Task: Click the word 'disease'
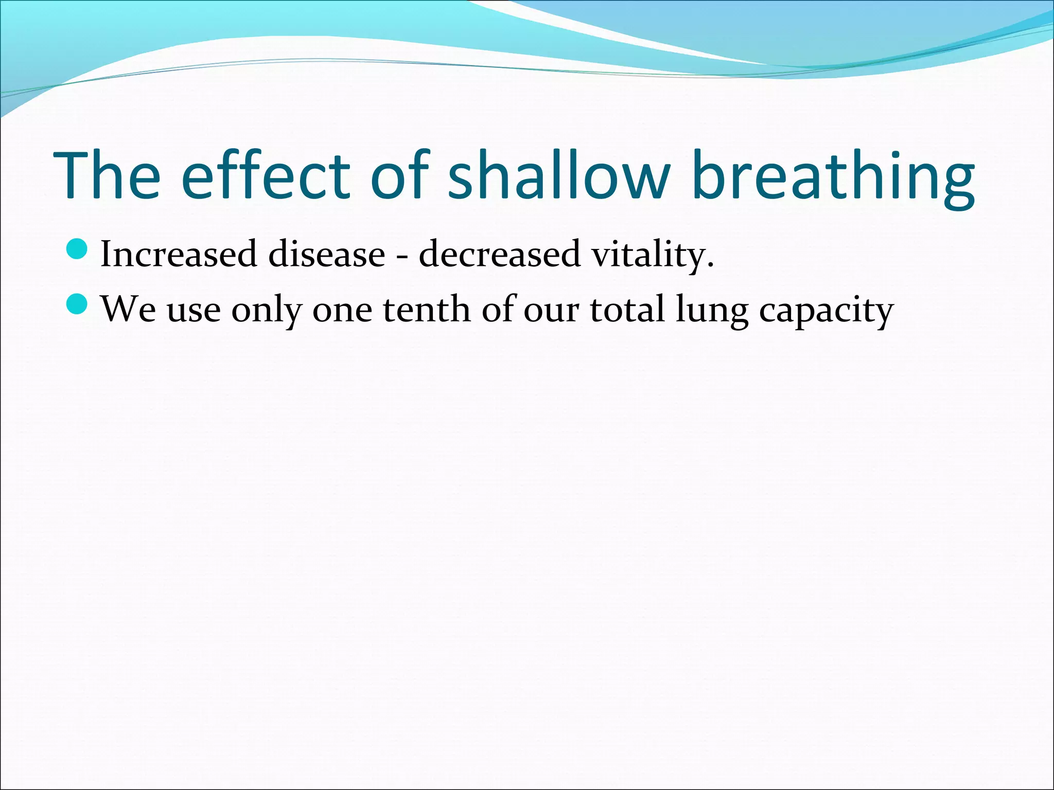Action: pos(326,254)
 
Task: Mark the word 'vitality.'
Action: pos(652,255)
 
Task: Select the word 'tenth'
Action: pos(427,310)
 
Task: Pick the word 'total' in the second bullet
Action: pos(627,310)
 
